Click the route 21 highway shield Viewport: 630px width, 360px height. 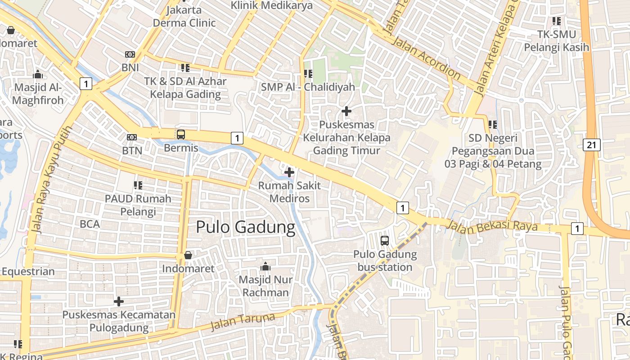click(x=592, y=144)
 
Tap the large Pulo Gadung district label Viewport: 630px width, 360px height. click(x=245, y=227)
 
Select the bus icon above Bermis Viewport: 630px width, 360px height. click(x=180, y=134)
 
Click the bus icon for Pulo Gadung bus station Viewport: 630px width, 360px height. click(x=384, y=240)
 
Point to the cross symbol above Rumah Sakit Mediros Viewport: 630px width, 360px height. click(x=289, y=172)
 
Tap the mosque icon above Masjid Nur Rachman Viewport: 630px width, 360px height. click(x=265, y=266)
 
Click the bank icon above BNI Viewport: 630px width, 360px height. click(x=130, y=54)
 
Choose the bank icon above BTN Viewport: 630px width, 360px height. click(x=132, y=137)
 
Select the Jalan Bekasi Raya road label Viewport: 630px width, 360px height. click(x=492, y=225)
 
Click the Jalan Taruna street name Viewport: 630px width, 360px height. click(x=243, y=321)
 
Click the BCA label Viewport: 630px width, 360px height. click(x=90, y=224)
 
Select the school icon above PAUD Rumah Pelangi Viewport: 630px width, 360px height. click(x=138, y=185)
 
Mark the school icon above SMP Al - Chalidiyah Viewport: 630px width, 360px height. click(x=308, y=73)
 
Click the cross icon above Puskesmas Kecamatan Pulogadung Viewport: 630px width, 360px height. click(x=119, y=301)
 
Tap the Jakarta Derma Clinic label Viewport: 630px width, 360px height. click(x=184, y=16)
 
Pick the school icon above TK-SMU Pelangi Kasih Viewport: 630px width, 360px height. click(x=557, y=21)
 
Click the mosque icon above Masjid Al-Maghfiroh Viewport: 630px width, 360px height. click(x=38, y=74)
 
